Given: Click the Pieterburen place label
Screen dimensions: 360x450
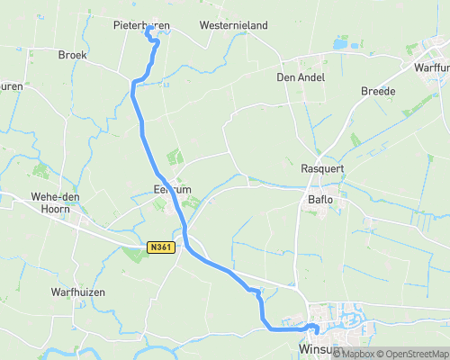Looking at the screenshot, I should point(142,25).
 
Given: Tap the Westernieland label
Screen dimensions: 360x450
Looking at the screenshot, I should point(234,25).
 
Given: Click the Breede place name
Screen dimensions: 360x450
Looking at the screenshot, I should point(378,91).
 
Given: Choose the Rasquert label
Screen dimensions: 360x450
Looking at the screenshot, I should point(322,168).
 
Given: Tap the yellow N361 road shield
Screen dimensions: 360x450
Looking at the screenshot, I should point(160,246).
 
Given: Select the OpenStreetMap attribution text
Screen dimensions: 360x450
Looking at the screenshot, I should point(413,354).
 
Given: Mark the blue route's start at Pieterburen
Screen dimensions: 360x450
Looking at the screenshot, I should point(148,32).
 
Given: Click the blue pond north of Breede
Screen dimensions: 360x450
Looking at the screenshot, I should point(341,42).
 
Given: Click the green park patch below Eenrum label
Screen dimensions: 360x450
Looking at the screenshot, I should point(192,203).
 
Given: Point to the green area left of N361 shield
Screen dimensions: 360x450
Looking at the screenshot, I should point(134,254).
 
